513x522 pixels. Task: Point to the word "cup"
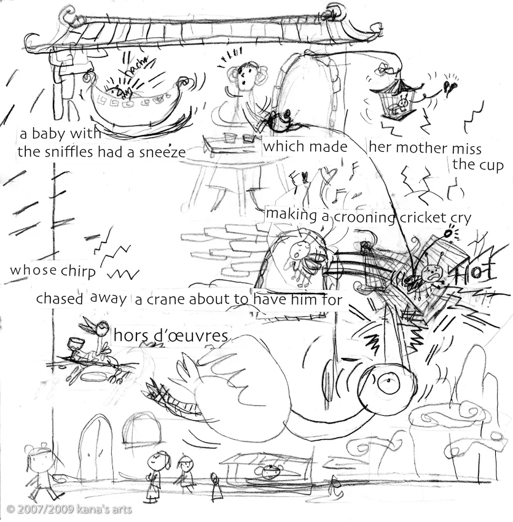491,165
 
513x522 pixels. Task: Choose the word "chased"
60,298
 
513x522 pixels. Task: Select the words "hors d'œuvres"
171,335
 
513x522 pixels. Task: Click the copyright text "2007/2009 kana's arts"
69,510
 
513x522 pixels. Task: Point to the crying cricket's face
432,273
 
